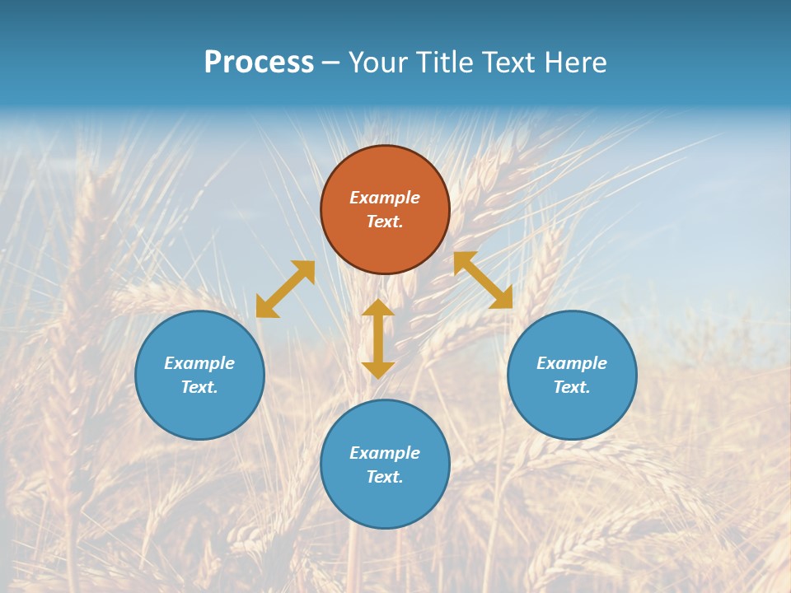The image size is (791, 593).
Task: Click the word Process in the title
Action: pyautogui.click(x=259, y=63)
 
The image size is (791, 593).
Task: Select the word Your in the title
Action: pyautogui.click(x=379, y=63)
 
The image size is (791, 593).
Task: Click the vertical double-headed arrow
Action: pyautogui.click(x=378, y=339)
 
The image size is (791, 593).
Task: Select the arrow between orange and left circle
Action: pyautogui.click(x=285, y=289)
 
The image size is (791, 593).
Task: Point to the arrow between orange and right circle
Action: pyautogui.click(x=483, y=280)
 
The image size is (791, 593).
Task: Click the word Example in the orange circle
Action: pyautogui.click(x=385, y=198)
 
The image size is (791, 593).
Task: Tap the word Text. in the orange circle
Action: pyautogui.click(x=385, y=222)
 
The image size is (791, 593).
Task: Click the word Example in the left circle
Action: pyautogui.click(x=199, y=363)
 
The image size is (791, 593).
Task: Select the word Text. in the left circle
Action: pyautogui.click(x=199, y=387)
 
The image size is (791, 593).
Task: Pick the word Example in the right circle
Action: pyautogui.click(x=572, y=363)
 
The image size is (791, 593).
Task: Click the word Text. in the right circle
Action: pyautogui.click(x=572, y=387)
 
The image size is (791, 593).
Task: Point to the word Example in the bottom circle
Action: pyautogui.click(x=385, y=453)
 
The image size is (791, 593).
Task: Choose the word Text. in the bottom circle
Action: pyautogui.click(x=385, y=477)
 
